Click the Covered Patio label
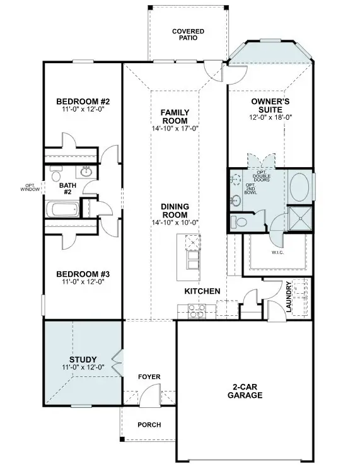189,34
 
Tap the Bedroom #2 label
83,102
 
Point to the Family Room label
175,117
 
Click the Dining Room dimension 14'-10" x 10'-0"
175,223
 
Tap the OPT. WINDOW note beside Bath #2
30,187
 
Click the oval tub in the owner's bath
299,187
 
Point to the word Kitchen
202,291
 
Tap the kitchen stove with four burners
195,310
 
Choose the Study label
83,360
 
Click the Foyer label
149,377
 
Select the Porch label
149,425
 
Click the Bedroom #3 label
83,274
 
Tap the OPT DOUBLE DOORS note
263,176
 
